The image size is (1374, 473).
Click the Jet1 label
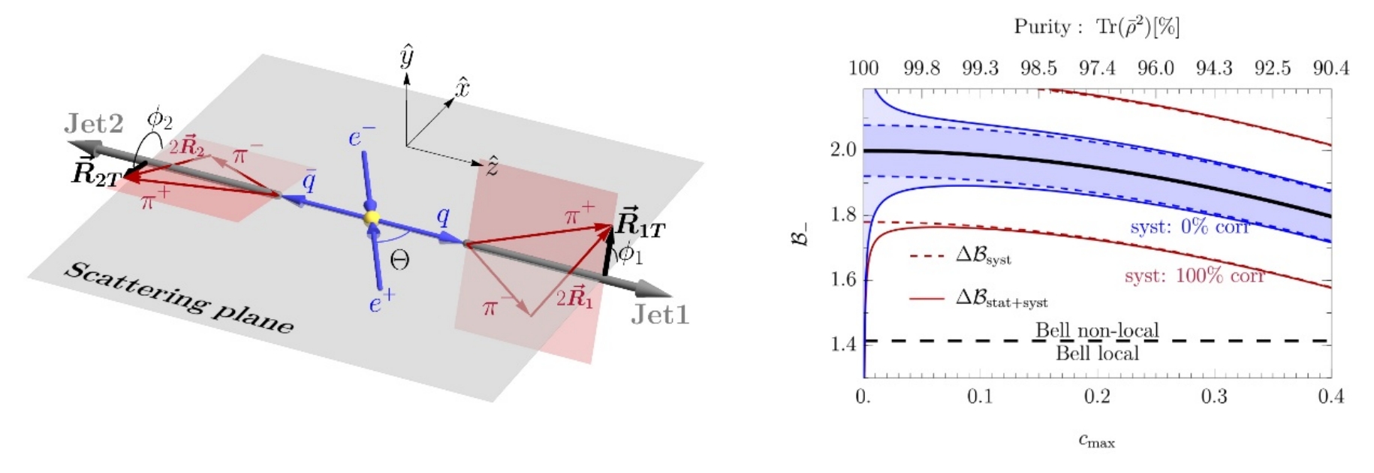point(659,314)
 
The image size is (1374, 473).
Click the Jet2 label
point(94,124)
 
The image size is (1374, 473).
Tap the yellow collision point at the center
point(371,218)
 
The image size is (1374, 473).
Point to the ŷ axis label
point(407,57)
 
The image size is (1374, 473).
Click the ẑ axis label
point(492,166)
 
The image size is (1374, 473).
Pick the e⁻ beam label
point(360,137)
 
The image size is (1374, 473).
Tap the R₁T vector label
point(640,223)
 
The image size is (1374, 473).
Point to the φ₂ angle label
point(159,119)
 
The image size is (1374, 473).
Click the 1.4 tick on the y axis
point(842,345)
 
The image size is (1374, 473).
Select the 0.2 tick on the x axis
point(1097,396)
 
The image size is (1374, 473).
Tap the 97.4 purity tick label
point(1097,69)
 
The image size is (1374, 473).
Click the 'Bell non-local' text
point(1097,330)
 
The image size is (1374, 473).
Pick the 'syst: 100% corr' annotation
point(1194,276)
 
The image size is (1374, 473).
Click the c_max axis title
point(1096,441)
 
